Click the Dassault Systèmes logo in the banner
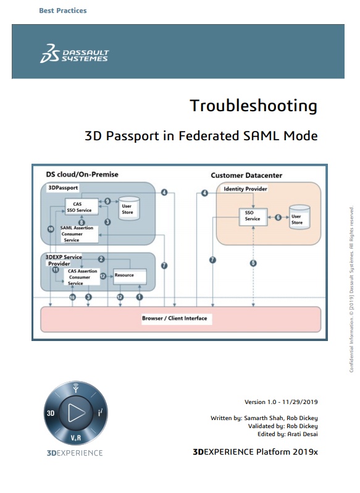(74, 54)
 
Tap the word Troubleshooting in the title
(254, 106)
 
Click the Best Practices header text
(63, 11)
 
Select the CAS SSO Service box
(82, 207)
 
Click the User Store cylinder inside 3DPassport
(129, 208)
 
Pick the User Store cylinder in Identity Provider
(299, 217)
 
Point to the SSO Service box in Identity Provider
(253, 216)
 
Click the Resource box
(130, 276)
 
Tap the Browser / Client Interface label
(175, 318)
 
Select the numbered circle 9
(107, 201)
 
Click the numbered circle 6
(278, 217)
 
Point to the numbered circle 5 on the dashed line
(253, 263)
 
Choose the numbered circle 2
(101, 259)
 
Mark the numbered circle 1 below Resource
(140, 297)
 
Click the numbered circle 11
(56, 270)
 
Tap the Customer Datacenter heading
(246, 175)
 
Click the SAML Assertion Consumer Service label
(77, 234)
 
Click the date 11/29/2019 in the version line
(300, 402)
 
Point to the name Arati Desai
(303, 434)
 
